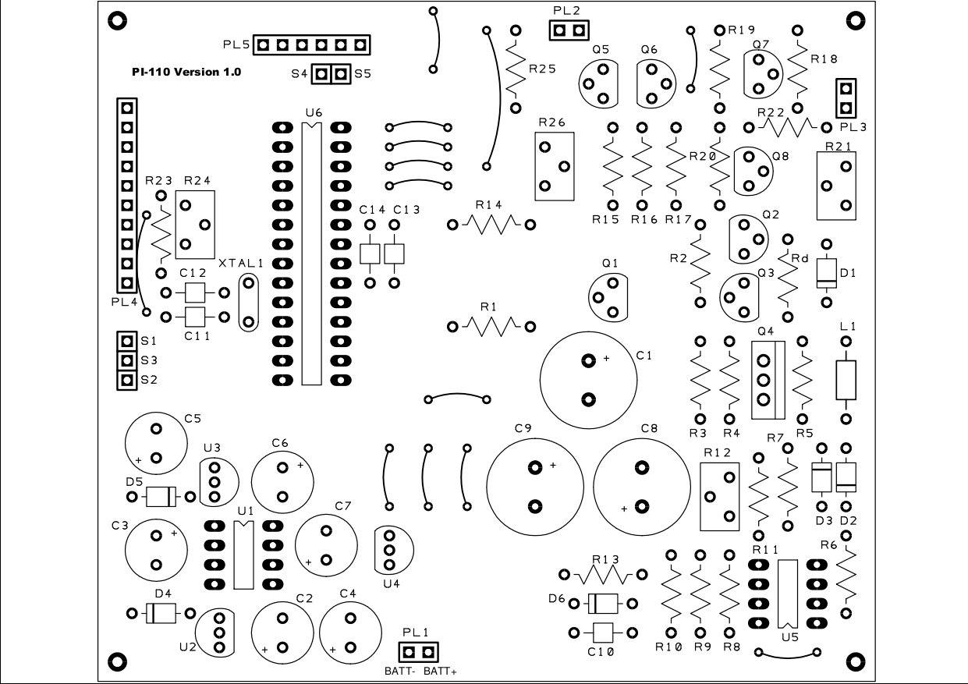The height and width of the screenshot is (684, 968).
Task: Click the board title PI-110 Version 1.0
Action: pyautogui.click(x=186, y=72)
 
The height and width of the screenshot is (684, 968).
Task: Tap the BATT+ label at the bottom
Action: pyautogui.click(x=440, y=671)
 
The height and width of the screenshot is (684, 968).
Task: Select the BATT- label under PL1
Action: pyautogui.click(x=399, y=671)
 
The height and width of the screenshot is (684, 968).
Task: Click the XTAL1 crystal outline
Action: pyautogui.click(x=249, y=303)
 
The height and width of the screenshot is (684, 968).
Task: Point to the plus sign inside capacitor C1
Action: pyautogui.click(x=606, y=358)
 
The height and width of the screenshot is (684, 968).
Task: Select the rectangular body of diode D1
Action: pyautogui.click(x=826, y=273)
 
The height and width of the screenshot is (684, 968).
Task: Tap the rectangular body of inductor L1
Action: pyautogui.click(x=846, y=381)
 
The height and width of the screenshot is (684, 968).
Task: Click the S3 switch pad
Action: pyautogui.click(x=126, y=360)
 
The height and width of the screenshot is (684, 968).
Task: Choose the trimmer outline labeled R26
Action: pyautogui.click(x=555, y=166)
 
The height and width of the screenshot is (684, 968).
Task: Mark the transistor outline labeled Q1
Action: pyautogui.click(x=608, y=298)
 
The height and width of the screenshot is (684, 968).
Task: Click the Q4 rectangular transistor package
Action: pyautogui.click(x=768, y=381)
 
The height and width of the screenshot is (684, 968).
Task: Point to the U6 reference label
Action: pyautogui.click(x=314, y=113)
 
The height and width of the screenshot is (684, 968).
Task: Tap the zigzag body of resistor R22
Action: pyautogui.click(x=787, y=127)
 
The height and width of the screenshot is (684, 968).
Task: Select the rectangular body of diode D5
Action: pyautogui.click(x=161, y=497)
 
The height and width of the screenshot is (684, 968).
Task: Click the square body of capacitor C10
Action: pyautogui.click(x=603, y=633)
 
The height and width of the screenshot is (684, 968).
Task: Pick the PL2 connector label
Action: pyautogui.click(x=566, y=11)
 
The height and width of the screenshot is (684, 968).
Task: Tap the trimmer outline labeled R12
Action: pyautogui.click(x=719, y=497)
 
